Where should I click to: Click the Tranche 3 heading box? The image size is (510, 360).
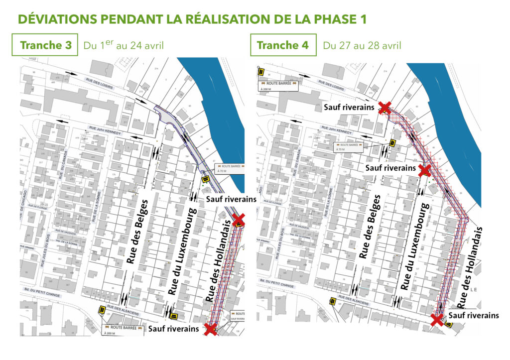(45, 45)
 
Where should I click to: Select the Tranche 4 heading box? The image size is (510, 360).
(282, 45)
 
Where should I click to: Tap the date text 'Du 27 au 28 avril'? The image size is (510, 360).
(362, 46)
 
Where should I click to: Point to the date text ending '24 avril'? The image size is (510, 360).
(124, 46)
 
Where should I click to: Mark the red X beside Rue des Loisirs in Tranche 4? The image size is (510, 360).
(384, 108)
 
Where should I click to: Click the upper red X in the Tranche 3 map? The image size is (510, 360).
(239, 220)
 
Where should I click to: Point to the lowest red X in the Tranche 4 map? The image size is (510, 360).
(437, 319)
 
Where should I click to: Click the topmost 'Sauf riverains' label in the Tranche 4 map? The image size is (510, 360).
(350, 107)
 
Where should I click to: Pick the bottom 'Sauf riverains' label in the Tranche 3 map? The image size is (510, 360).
(174, 329)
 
